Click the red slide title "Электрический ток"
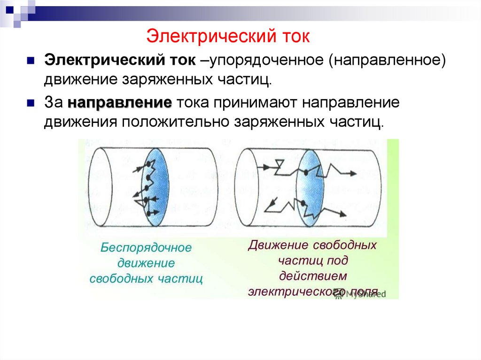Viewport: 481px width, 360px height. [x=228, y=36]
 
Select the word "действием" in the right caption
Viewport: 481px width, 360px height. [x=312, y=275]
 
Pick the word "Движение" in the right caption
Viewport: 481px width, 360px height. [x=277, y=245]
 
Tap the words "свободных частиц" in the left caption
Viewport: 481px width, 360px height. [x=146, y=278]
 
